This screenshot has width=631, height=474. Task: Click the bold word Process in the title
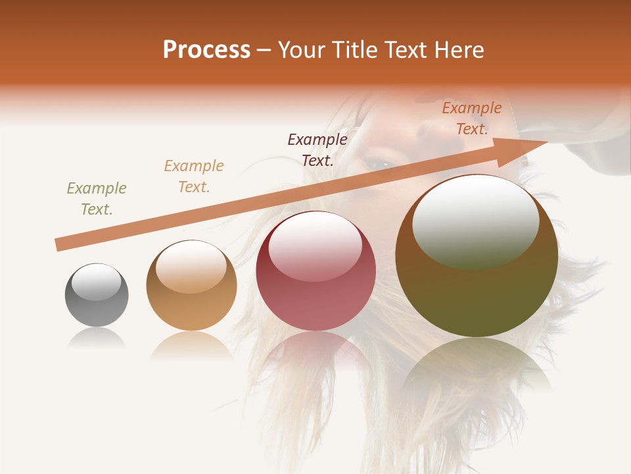[x=206, y=50]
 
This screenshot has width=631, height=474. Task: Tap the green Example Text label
[x=97, y=199]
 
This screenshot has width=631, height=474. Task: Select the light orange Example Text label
[x=194, y=176]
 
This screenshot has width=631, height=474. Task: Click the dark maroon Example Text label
[x=317, y=149]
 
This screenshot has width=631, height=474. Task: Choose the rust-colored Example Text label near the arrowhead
[x=472, y=118]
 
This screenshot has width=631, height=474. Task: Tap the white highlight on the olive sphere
[x=475, y=221]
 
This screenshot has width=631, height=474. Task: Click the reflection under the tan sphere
[x=191, y=345]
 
